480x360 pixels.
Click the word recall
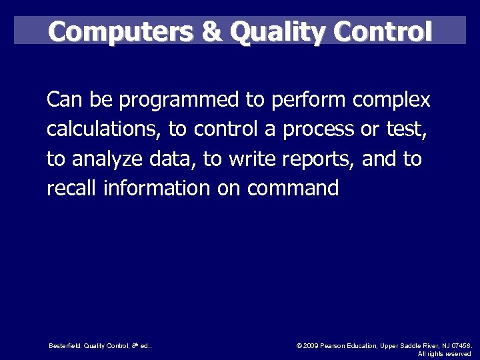72,188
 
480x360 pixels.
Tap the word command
293,188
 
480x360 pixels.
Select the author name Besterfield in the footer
65,346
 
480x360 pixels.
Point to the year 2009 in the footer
311,346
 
